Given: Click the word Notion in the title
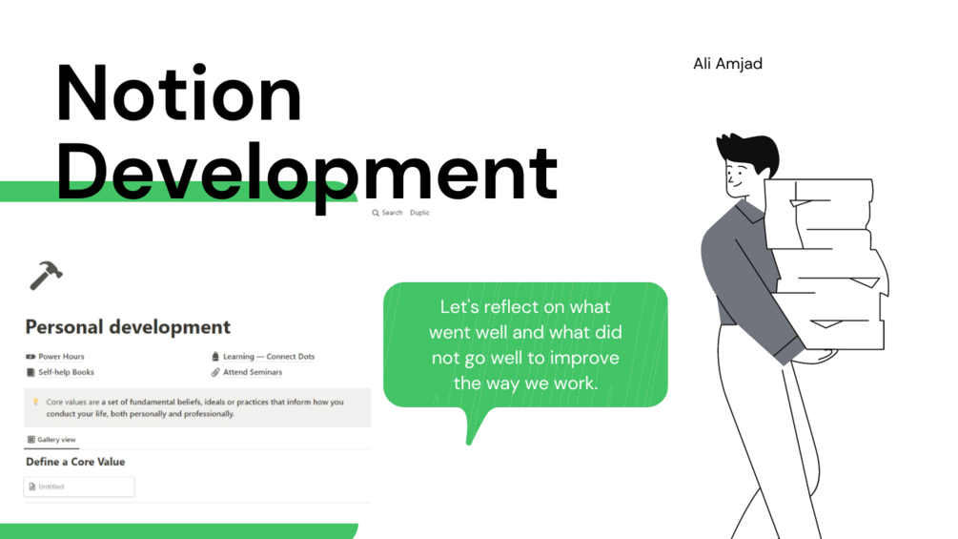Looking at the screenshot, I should pos(179,95).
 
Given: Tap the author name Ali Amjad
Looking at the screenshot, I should pos(727,64).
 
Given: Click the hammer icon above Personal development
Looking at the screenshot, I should pos(45,275).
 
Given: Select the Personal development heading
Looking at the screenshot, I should pos(128,327).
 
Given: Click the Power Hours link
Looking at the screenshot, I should pos(61,357).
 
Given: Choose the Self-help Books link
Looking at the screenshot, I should pos(66,372).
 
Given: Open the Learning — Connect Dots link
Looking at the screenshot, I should pos(268,357).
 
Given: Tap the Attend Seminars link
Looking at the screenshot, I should pos(252,372).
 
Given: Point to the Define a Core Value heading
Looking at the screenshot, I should pos(75,462).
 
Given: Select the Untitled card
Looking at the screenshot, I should pos(79,487).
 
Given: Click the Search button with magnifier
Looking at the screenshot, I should pos(387,213).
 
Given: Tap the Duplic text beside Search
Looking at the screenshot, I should pos(419,213).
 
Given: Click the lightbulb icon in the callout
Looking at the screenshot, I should pos(35,403).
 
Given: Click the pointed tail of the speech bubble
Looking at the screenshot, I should pos(470,435).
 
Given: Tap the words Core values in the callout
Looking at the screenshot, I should pos(66,403).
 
